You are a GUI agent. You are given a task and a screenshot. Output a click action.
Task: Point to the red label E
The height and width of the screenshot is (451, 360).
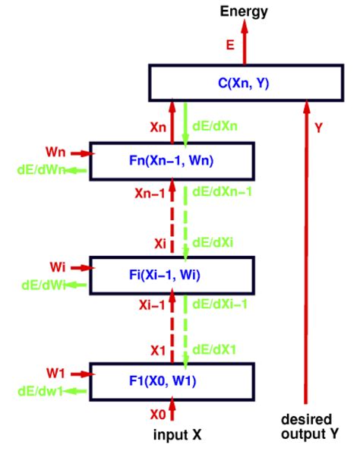tap(229, 46)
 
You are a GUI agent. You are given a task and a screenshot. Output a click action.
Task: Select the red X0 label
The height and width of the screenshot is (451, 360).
tap(156, 415)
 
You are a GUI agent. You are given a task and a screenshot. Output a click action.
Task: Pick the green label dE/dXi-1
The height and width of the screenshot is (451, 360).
tap(219, 303)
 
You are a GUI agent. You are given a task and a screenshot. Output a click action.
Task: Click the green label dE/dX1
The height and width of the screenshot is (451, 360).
tap(214, 350)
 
